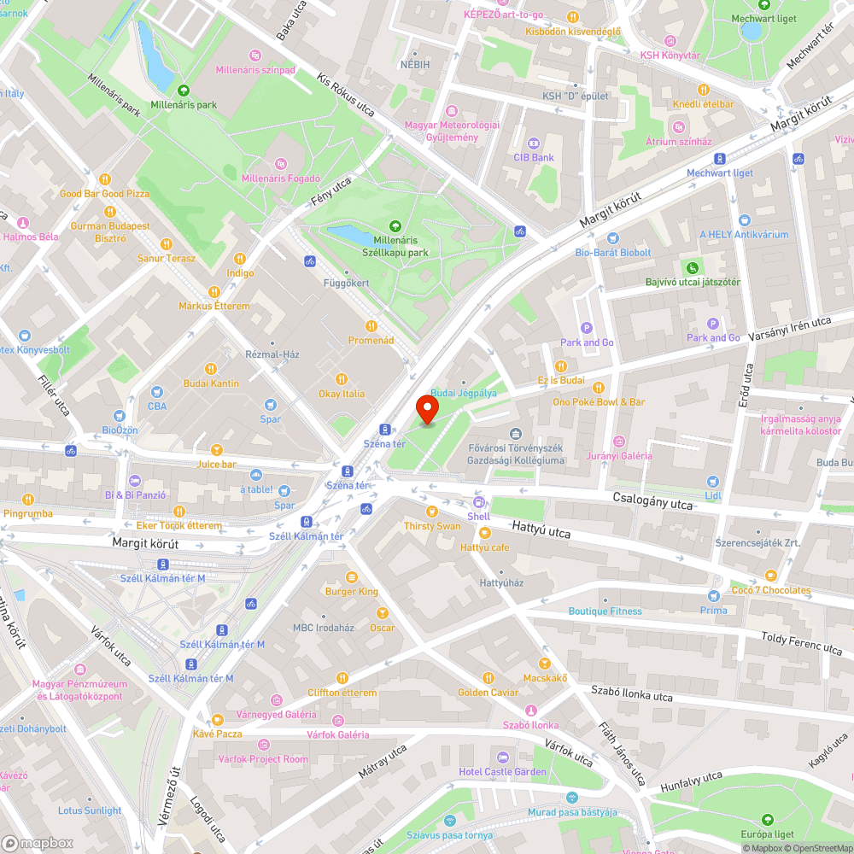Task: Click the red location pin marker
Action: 427,409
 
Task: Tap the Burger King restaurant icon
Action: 351,577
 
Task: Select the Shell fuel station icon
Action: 478,502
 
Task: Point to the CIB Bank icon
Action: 533,143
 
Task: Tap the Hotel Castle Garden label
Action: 502,772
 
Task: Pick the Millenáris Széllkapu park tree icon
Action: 395,226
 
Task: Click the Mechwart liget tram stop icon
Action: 720,159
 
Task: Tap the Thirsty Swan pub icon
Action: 432,512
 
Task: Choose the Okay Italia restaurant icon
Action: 342,379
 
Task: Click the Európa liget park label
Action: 766,834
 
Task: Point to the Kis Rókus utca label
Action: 346,93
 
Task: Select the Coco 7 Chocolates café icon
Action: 770,576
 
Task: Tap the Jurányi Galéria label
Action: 619,455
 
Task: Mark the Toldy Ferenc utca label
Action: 801,643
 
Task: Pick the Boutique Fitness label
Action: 605,611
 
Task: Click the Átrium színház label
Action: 678,142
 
